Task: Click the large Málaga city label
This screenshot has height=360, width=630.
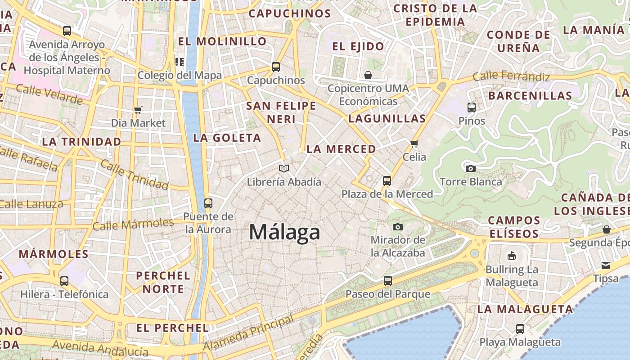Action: coord(284,233)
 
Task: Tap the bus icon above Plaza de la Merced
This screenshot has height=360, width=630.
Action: coord(387,181)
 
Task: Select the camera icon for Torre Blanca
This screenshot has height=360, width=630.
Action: coord(471,169)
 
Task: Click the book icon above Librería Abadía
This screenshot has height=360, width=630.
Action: coord(283,169)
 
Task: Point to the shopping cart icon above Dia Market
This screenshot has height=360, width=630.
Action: coord(138,110)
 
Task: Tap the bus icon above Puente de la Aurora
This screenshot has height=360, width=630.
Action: coord(208,203)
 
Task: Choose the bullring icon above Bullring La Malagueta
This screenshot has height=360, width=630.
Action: coord(511,256)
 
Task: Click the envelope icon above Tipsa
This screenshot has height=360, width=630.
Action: coord(606,265)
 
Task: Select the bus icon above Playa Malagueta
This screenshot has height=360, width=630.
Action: coord(520,328)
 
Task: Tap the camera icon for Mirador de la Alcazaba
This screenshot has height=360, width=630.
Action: coord(398,227)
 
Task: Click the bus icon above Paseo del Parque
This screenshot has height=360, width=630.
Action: coord(388,281)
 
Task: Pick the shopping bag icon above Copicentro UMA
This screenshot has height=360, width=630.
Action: coord(368,75)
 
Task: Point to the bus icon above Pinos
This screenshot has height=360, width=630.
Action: coord(472,108)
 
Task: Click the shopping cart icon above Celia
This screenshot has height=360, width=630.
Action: coord(414,144)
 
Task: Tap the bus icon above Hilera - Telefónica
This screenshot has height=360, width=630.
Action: coord(64,281)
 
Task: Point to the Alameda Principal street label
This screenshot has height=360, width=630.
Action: coord(248,333)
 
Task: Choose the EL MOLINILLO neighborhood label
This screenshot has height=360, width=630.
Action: coord(222,41)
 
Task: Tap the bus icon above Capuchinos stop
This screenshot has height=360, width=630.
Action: coord(276,67)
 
